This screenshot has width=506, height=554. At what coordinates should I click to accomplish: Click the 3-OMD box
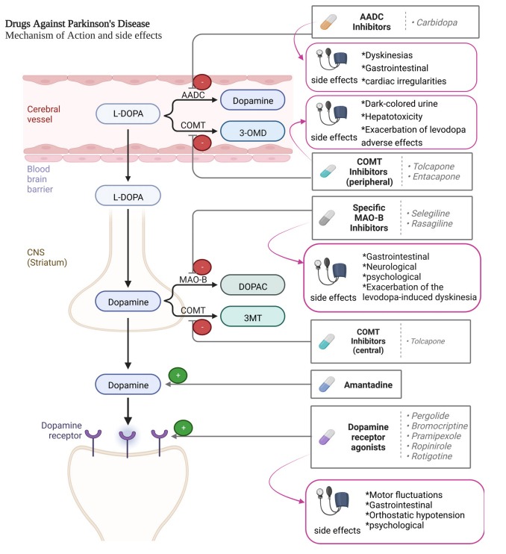[x=253, y=131]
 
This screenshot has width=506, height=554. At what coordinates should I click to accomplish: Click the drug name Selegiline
[x=430, y=213]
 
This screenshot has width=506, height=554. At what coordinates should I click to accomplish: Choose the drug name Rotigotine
[x=431, y=456]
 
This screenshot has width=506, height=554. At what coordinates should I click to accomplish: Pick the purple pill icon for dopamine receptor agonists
[x=331, y=436]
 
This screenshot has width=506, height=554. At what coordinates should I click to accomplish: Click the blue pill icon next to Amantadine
[x=330, y=386]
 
